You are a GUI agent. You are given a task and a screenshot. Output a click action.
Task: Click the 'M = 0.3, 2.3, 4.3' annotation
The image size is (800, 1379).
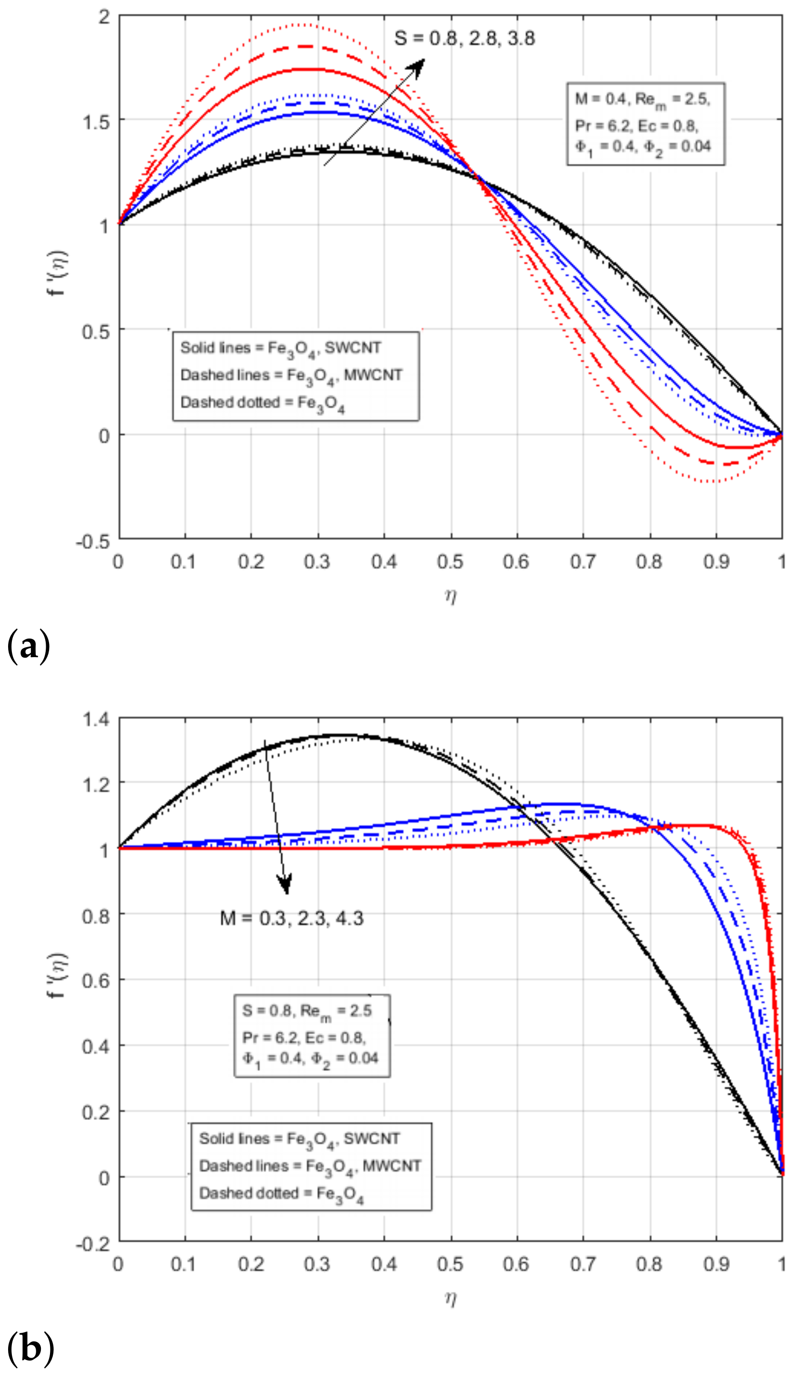click(291, 918)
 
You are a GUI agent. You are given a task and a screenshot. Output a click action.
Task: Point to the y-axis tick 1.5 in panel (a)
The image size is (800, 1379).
click(97, 121)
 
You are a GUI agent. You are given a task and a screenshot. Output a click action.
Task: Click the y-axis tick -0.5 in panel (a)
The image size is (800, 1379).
click(93, 540)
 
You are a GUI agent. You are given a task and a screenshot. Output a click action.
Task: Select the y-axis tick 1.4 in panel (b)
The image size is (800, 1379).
click(96, 719)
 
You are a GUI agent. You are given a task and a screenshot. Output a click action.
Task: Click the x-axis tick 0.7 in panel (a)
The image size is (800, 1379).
click(583, 562)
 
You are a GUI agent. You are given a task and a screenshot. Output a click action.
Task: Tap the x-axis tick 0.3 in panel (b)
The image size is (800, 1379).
click(317, 1265)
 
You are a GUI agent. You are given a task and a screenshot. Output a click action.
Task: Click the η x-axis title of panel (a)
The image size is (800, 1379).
click(450, 595)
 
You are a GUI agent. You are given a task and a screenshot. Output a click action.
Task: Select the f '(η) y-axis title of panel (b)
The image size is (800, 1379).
click(58, 975)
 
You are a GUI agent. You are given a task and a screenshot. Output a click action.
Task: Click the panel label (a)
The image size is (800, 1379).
click(29, 646)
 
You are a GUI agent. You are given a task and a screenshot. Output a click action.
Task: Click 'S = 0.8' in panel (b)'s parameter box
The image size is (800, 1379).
click(267, 1010)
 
